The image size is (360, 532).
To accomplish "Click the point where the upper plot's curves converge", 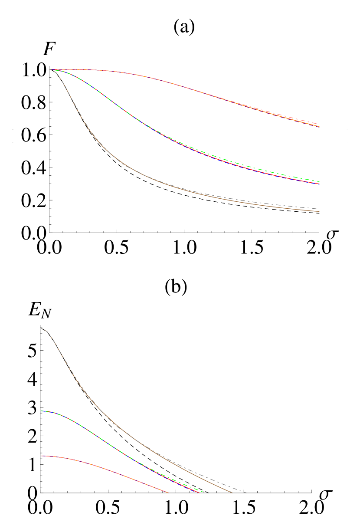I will click(x=51, y=69).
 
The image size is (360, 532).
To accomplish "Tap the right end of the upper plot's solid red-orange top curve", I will click(x=320, y=127).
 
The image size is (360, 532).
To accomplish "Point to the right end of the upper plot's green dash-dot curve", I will click(x=320, y=181).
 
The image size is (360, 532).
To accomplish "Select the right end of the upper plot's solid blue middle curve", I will click(x=320, y=184).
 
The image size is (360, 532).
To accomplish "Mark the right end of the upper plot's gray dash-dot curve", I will click(x=319, y=209).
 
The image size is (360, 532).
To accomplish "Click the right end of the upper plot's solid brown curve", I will click(x=320, y=212).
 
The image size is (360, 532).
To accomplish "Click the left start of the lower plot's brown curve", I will click(x=42, y=328).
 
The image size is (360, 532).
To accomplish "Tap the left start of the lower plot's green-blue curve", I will click(x=42, y=411).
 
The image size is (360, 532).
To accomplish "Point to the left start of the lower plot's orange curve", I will click(x=42, y=456).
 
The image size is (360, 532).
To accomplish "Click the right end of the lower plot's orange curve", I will click(x=168, y=493).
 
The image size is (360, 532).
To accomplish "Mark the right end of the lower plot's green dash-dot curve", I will click(x=203, y=492).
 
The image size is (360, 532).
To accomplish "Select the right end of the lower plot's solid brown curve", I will click(x=232, y=493).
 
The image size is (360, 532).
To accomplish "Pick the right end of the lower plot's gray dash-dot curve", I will click(x=246, y=493).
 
